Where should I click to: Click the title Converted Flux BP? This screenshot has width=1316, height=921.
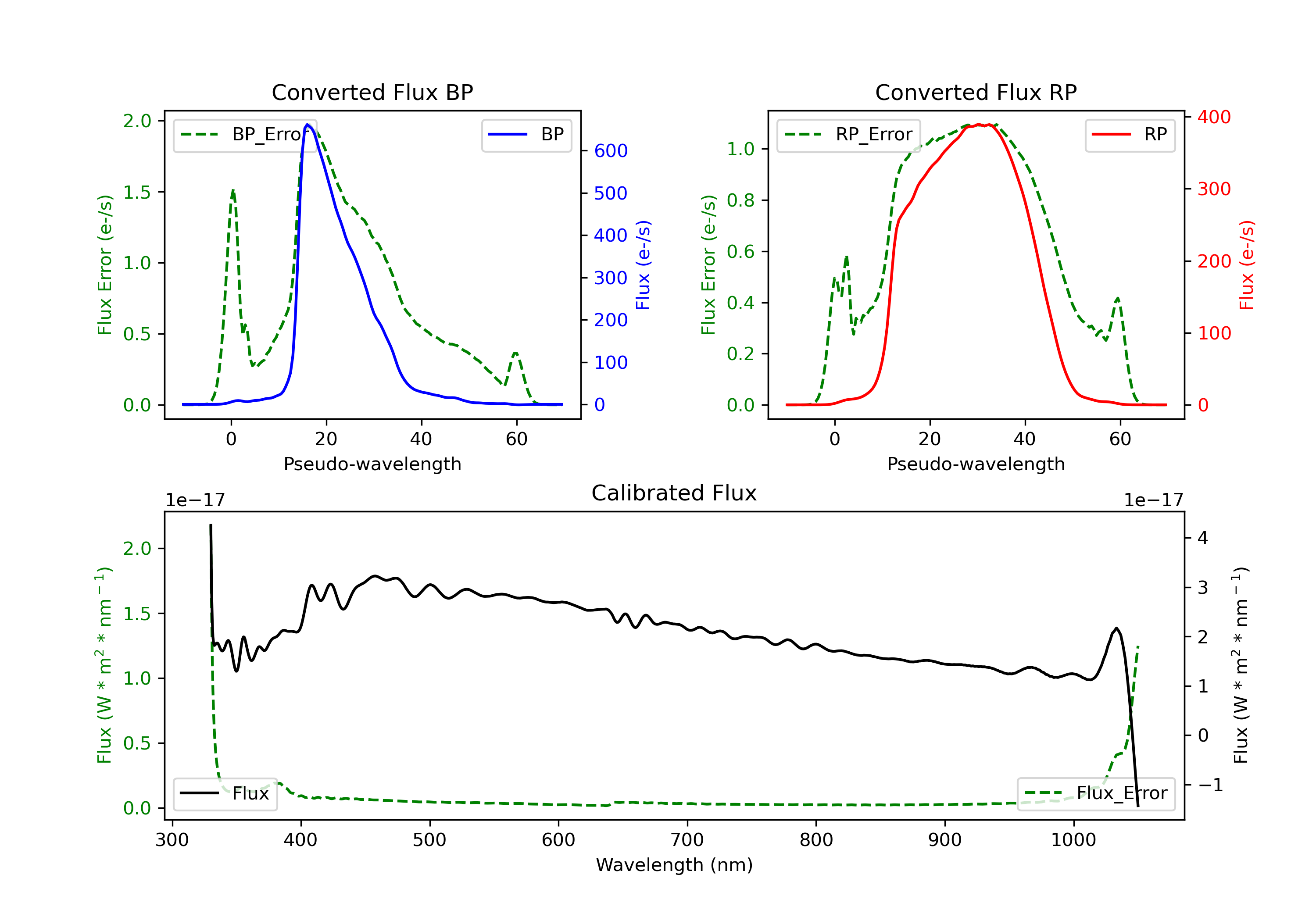(372, 92)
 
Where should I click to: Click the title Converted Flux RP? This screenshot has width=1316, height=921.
(976, 92)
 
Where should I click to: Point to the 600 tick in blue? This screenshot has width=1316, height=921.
(611, 151)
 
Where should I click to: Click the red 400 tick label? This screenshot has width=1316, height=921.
(1214, 117)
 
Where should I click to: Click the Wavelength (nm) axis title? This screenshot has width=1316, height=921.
(674, 865)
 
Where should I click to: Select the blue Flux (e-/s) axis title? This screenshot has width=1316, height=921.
(643, 265)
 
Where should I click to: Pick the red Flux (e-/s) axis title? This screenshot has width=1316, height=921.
(1247, 265)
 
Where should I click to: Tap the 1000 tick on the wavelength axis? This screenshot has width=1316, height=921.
(1073, 840)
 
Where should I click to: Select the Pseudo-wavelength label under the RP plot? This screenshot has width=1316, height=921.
(976, 464)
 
